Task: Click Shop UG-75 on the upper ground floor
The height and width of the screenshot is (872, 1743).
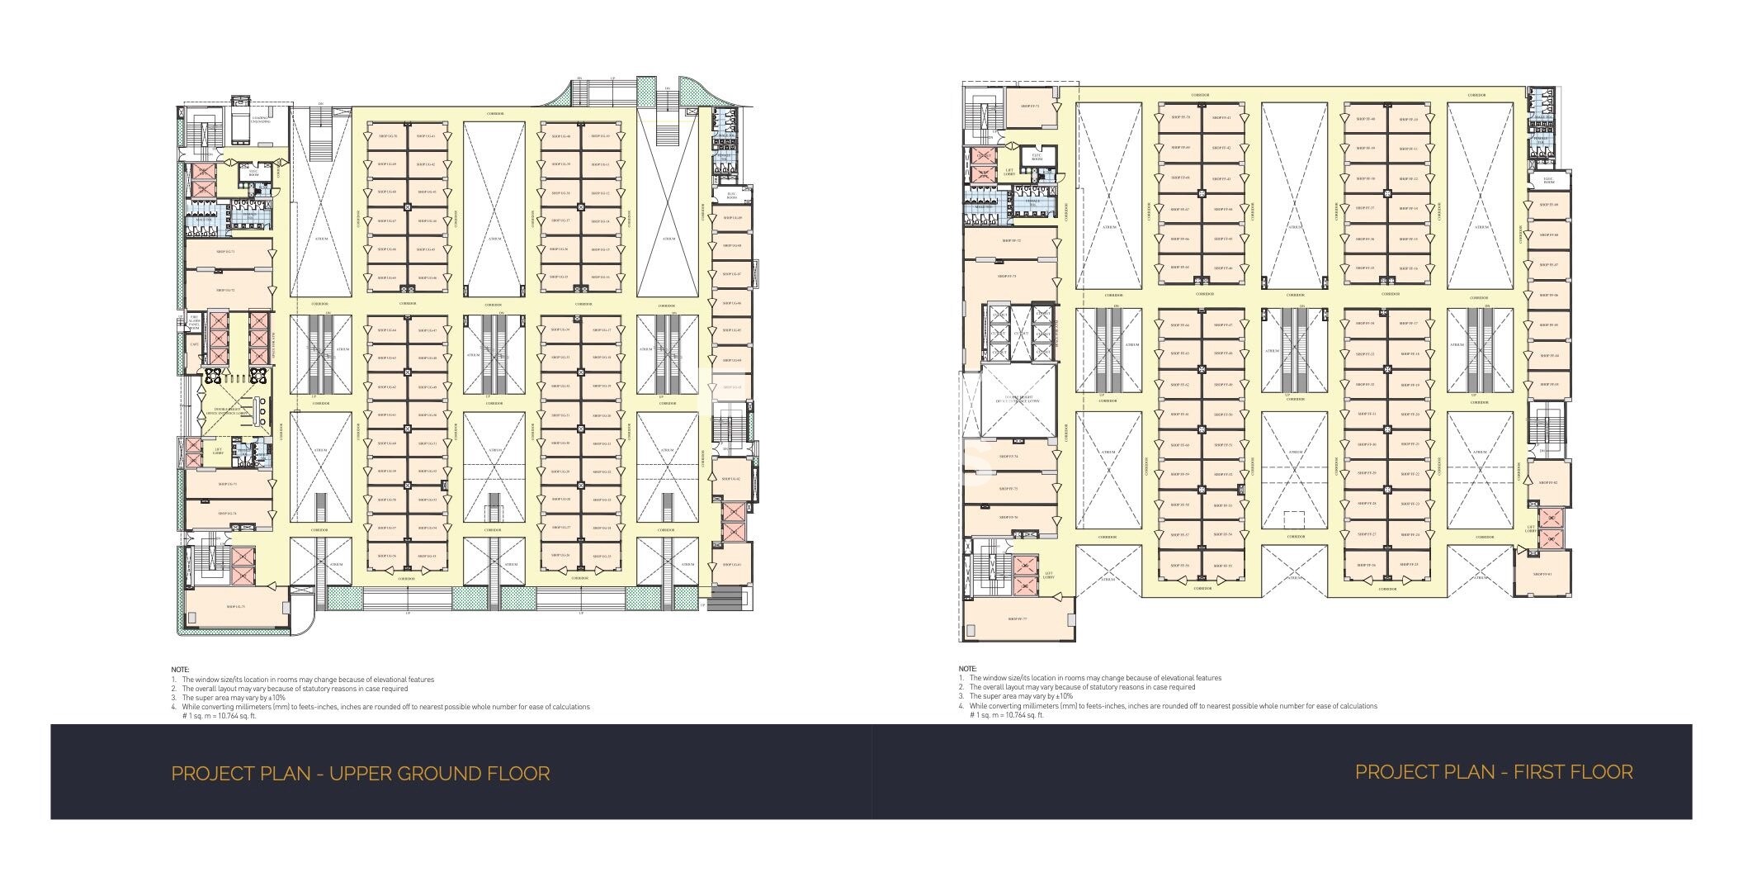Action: click(x=235, y=607)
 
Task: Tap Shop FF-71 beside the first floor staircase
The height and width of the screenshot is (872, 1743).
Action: click(x=1030, y=107)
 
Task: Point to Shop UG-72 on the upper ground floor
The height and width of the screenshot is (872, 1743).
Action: click(x=226, y=291)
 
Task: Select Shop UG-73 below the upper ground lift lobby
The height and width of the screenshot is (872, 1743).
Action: click(x=228, y=485)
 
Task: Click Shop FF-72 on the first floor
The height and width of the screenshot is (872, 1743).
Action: click(x=1011, y=241)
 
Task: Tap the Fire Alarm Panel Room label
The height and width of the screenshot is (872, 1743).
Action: click(x=194, y=323)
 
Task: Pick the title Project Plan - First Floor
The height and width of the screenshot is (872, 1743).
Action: click(x=1493, y=772)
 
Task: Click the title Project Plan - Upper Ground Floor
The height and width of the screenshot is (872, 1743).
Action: click(x=360, y=774)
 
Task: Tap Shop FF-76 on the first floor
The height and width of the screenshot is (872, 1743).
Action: click(x=1009, y=518)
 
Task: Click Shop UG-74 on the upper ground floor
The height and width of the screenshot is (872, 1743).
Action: click(x=228, y=514)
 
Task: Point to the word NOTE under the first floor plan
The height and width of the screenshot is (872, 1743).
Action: click(x=967, y=669)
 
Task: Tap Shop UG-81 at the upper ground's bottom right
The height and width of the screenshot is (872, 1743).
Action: click(x=731, y=565)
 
